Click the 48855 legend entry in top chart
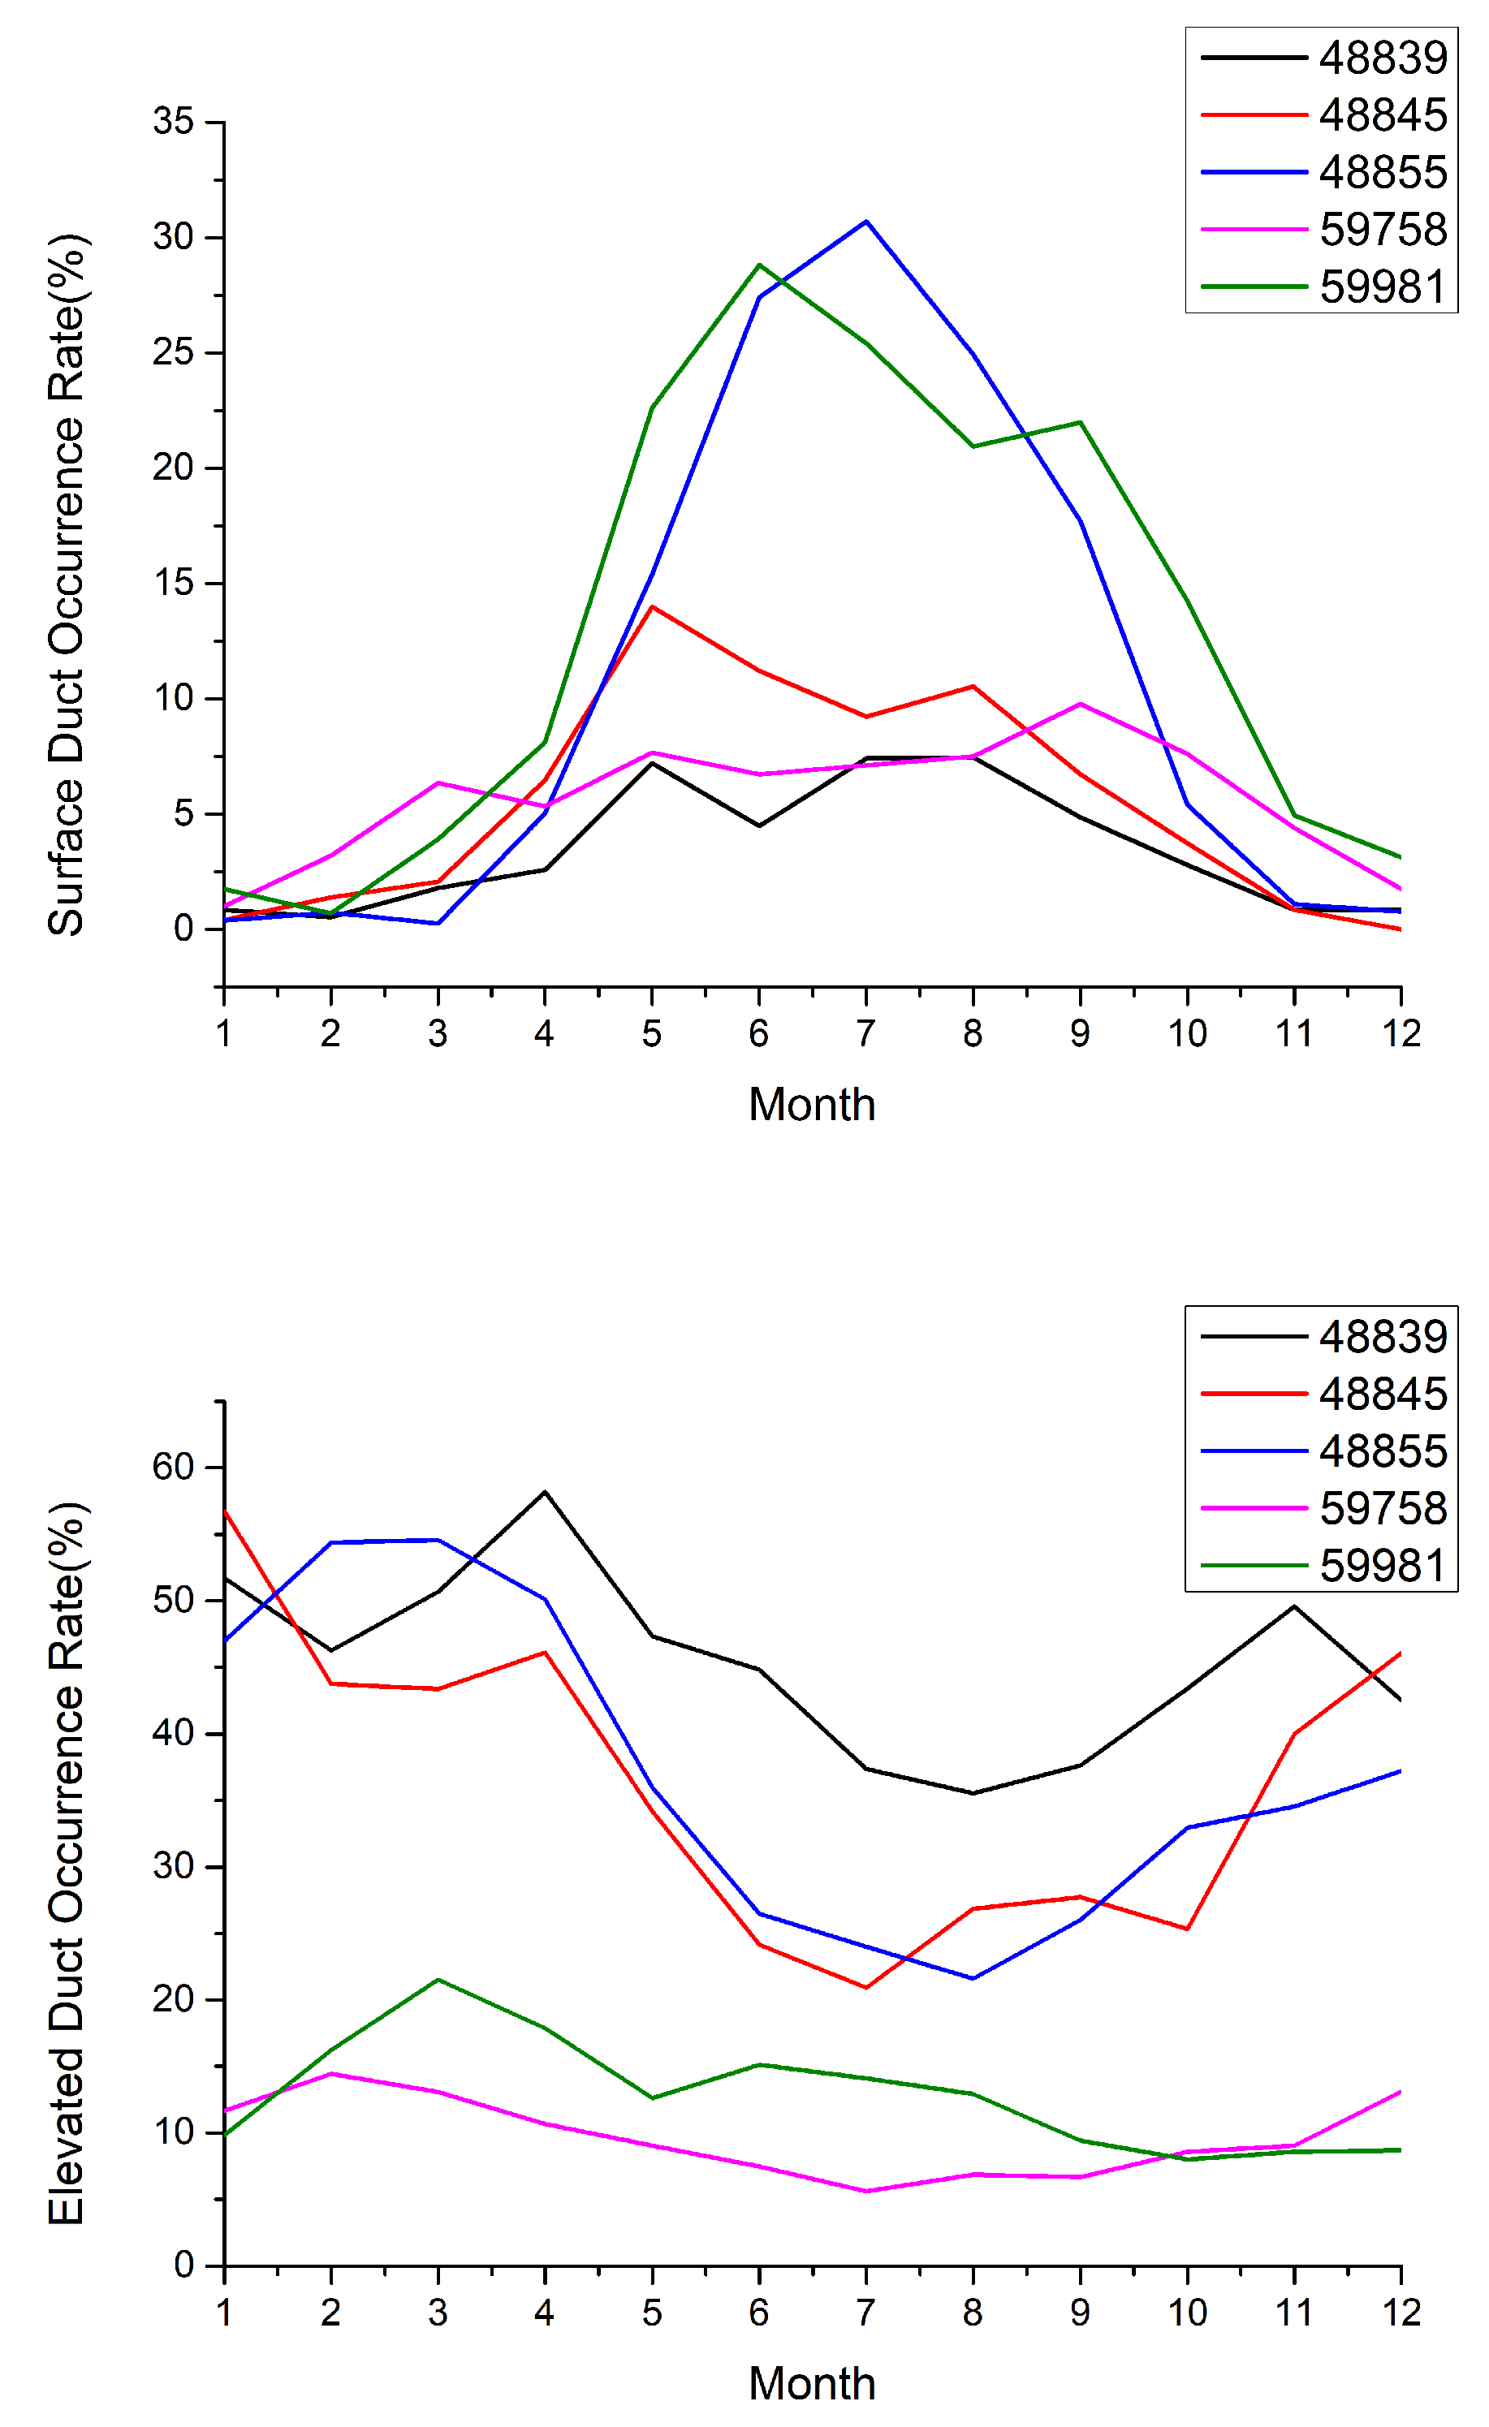point(1383,172)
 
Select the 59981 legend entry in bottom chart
point(1383,1565)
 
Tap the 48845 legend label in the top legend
point(1383,115)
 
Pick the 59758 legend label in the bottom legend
point(1383,1508)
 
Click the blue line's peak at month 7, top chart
point(866,222)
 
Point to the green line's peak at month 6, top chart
point(759,265)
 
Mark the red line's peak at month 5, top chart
point(651,607)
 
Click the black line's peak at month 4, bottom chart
point(545,1491)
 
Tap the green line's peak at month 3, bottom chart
point(438,1980)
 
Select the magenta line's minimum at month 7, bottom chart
point(866,2192)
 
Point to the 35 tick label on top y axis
point(174,122)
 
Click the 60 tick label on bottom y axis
point(174,1467)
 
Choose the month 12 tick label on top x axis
point(1401,1034)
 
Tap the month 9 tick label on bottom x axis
point(1080,2313)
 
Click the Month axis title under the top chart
point(811,1106)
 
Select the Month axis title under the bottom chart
point(811,2385)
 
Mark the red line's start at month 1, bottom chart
point(226,1512)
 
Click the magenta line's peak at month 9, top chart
point(1080,705)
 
